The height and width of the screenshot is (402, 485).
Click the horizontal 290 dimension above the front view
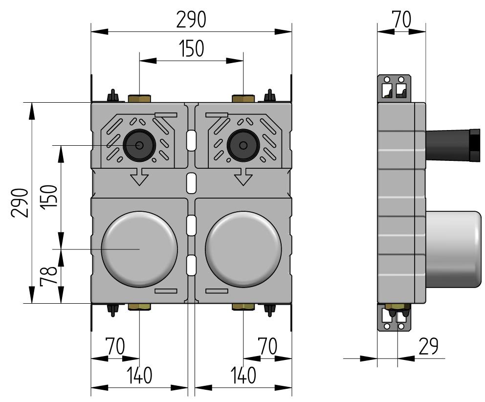click(x=191, y=20)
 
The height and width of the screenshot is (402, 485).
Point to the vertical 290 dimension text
click(x=20, y=202)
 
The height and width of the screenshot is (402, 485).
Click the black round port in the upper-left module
click(x=139, y=145)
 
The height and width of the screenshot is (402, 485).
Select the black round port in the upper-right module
click(x=243, y=145)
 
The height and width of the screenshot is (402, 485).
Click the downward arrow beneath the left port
click(x=139, y=177)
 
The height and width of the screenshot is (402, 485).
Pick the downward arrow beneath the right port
click(x=243, y=177)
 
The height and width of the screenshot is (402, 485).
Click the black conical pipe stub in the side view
click(x=452, y=144)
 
